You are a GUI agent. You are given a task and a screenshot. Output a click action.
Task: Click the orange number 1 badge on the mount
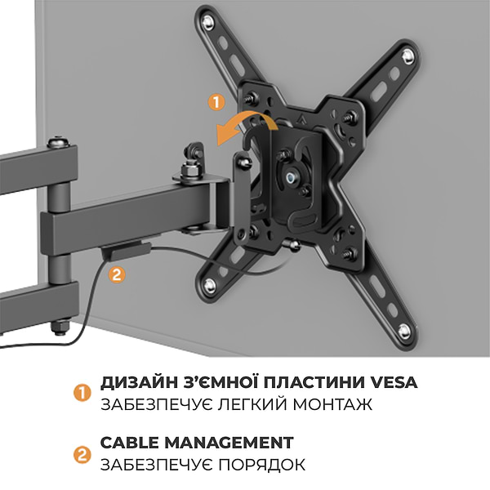coord(216,103)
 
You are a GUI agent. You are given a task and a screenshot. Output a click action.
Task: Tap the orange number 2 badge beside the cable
coord(117,274)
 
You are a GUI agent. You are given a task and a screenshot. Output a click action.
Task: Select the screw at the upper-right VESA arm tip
coord(407,55)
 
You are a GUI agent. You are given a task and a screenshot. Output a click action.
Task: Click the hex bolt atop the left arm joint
coord(56,144)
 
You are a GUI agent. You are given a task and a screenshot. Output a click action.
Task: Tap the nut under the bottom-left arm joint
coord(56,327)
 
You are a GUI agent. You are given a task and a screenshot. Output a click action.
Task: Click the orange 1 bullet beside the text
coord(81,393)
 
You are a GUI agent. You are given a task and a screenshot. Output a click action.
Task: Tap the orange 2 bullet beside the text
coord(81,454)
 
